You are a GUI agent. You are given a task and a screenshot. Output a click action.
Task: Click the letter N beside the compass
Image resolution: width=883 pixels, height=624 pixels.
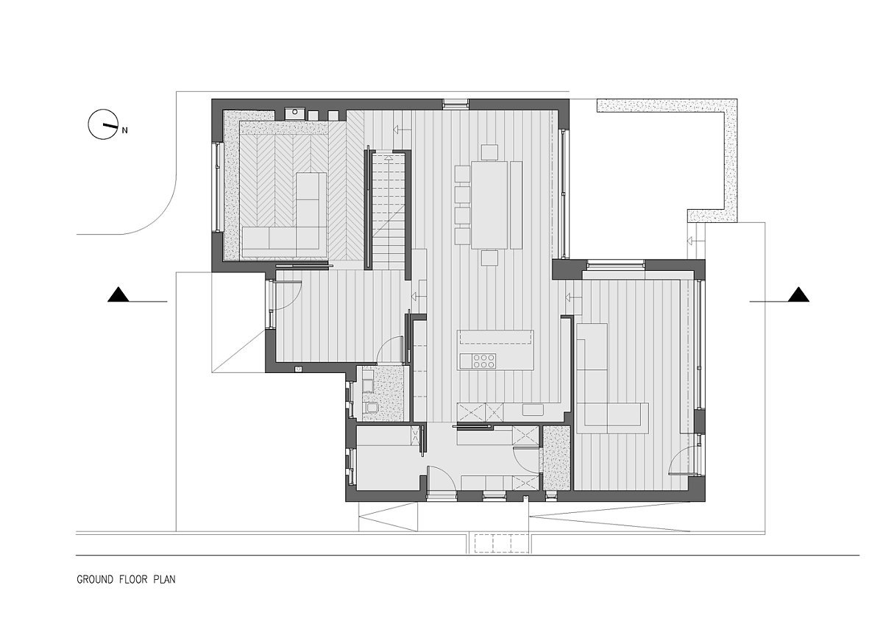124,130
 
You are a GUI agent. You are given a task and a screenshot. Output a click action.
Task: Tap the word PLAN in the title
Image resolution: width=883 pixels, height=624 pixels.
164,579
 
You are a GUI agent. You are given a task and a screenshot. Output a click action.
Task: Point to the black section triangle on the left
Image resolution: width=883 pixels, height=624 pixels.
118,294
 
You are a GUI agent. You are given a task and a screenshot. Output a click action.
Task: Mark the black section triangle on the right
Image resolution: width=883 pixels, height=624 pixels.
798,294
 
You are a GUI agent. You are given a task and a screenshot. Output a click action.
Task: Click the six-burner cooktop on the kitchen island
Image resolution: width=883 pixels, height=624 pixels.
484,361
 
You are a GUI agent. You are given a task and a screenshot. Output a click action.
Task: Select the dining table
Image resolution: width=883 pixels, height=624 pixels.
489,205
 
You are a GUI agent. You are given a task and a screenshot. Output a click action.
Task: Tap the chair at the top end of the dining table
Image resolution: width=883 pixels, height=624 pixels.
489,152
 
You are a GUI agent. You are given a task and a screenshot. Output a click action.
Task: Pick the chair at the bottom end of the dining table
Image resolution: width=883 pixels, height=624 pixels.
489,258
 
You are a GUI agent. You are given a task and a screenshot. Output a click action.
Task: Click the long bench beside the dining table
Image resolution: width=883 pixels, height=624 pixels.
516,205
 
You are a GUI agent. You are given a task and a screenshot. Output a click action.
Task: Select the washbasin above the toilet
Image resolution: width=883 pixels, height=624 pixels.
367,386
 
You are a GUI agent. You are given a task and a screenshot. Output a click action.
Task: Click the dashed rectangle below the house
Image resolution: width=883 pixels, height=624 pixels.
501,544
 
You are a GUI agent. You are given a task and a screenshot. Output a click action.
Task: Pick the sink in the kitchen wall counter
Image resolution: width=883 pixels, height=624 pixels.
533,410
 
